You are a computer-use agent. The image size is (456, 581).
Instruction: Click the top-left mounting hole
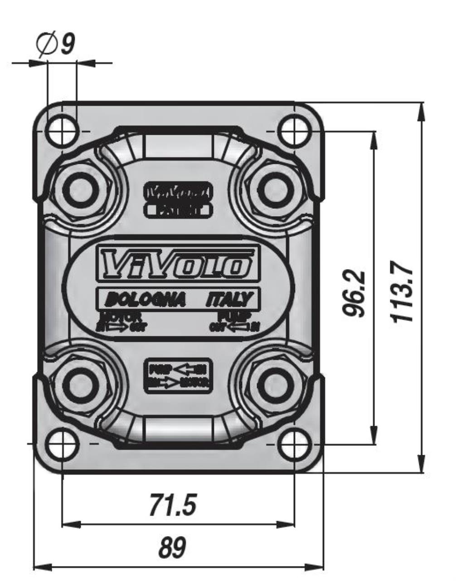point(62,130)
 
